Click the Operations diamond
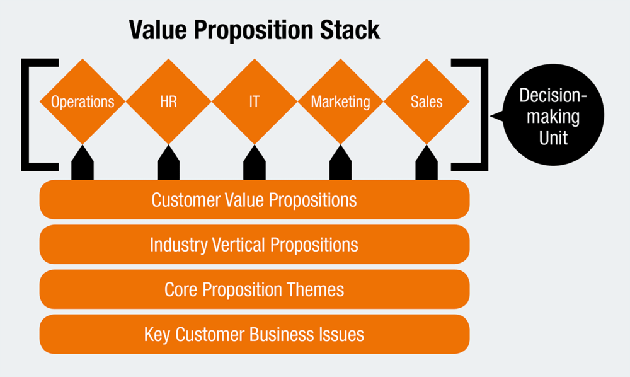tap(83, 101)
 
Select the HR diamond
tap(168, 101)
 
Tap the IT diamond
tap(254, 101)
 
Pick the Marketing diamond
tap(340, 101)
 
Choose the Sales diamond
tap(427, 101)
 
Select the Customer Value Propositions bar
tap(255, 200)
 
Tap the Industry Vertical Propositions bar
tap(255, 245)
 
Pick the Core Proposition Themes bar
tap(255, 289)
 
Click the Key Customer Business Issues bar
tap(255, 334)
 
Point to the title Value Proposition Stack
tap(254, 30)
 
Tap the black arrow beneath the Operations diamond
tap(83, 163)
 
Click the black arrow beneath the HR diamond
tap(168, 163)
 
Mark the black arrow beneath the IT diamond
tap(254, 163)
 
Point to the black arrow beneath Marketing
tap(340, 163)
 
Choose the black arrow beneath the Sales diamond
tap(427, 163)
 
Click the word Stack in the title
tap(353, 30)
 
